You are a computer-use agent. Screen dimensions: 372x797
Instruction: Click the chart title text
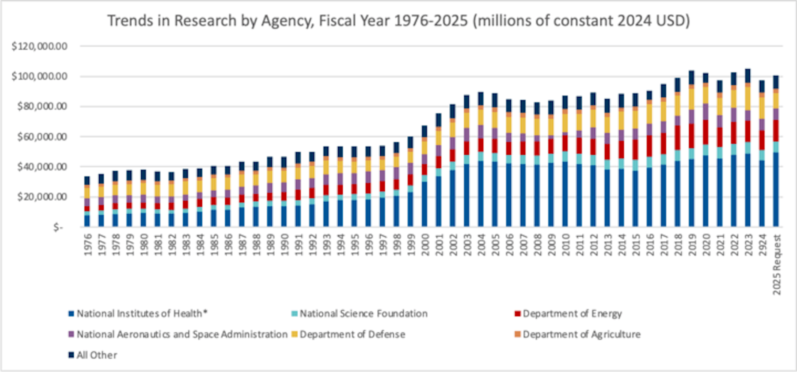(x=398, y=21)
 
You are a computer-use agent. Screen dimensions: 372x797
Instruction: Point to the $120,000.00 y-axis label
(x=39, y=46)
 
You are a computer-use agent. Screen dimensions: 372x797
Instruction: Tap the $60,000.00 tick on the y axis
(x=42, y=137)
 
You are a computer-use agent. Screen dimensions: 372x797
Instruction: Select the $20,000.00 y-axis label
(x=42, y=197)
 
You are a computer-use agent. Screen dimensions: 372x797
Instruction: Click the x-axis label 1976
(x=88, y=245)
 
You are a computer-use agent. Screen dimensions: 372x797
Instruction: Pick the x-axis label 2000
(x=425, y=245)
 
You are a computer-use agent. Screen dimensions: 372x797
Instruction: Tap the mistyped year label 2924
(x=762, y=245)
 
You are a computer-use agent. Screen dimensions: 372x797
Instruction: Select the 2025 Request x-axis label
(x=777, y=264)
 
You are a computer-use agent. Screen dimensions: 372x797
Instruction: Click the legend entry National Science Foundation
(x=364, y=314)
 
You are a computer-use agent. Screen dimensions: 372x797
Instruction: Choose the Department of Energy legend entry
(x=572, y=314)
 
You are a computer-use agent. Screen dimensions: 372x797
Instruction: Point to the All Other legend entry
(x=97, y=355)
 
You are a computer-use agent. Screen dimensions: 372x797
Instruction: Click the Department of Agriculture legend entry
(x=582, y=334)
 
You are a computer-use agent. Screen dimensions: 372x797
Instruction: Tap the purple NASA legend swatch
(x=71, y=334)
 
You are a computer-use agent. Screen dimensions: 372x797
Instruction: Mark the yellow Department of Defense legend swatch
(x=294, y=334)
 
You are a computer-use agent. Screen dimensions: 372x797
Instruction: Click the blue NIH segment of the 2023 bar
(x=748, y=190)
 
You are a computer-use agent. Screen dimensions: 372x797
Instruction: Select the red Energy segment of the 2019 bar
(x=692, y=136)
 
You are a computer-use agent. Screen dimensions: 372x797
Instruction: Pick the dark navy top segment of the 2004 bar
(x=481, y=98)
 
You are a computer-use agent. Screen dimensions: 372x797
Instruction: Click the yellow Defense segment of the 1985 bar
(x=214, y=184)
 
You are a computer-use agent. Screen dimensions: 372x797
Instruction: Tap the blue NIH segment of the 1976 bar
(x=87, y=221)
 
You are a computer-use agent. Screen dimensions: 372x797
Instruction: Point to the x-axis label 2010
(x=566, y=245)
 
